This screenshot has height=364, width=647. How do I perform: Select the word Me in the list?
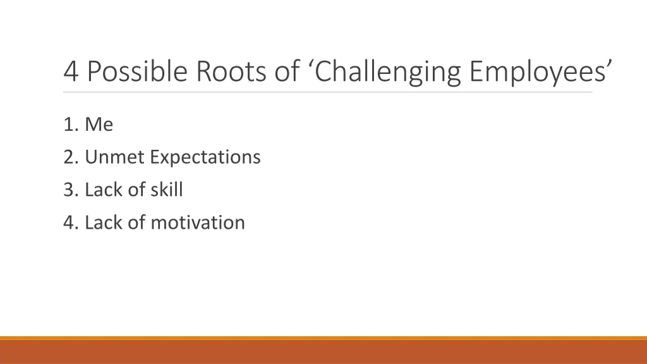click(x=99, y=124)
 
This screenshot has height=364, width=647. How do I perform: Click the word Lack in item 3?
click(x=103, y=190)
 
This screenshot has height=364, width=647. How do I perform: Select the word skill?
click(x=166, y=190)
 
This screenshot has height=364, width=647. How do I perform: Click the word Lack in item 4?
click(x=103, y=222)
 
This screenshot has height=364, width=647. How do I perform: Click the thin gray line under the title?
click(x=328, y=92)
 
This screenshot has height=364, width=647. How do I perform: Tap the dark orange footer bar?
click(x=323, y=352)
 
